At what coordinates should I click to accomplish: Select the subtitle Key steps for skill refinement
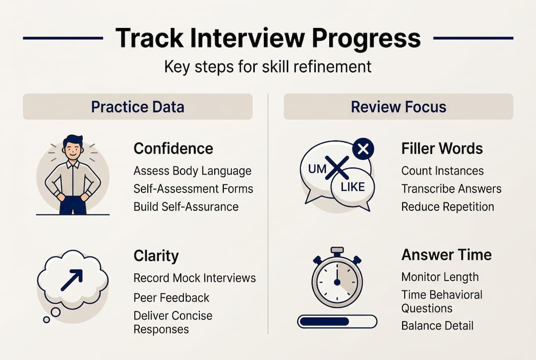point(268,66)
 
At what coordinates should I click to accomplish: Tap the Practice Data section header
point(137,106)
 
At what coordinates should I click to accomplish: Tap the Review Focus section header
point(398,106)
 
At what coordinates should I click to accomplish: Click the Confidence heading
point(173,148)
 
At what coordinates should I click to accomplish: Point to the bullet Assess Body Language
point(192,171)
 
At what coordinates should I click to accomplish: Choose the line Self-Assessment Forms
point(193,189)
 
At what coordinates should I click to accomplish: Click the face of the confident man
point(73,148)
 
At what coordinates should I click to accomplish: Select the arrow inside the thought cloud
point(71,280)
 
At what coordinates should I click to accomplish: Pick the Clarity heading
point(156,256)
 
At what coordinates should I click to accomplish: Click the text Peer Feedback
point(171,297)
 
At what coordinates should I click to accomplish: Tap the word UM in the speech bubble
point(317,169)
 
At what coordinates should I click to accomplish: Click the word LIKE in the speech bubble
point(352,187)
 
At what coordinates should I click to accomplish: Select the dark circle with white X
point(363,148)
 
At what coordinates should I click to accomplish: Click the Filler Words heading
point(442,148)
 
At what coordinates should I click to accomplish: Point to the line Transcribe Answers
point(451,189)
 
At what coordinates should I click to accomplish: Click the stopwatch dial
point(337,282)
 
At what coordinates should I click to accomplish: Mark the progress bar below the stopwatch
point(337,321)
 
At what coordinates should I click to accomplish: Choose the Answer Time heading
point(446,254)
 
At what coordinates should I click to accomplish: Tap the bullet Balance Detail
point(437,325)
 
